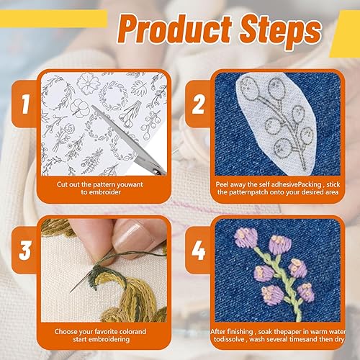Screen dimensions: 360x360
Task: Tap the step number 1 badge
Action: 25,104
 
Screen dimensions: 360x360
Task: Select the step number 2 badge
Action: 198,104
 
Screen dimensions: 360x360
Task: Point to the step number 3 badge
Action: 25,250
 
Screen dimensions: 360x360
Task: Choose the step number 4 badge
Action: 198,250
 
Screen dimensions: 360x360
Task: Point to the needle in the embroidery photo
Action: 81,283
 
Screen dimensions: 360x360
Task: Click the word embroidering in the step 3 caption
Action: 111,339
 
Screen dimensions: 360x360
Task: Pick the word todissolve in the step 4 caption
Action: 229,339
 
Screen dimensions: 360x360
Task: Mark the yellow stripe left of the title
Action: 53,19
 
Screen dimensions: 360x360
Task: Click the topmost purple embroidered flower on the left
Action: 246,237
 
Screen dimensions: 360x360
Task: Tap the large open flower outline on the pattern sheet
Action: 88,84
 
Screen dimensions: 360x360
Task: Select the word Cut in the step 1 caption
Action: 62,184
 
